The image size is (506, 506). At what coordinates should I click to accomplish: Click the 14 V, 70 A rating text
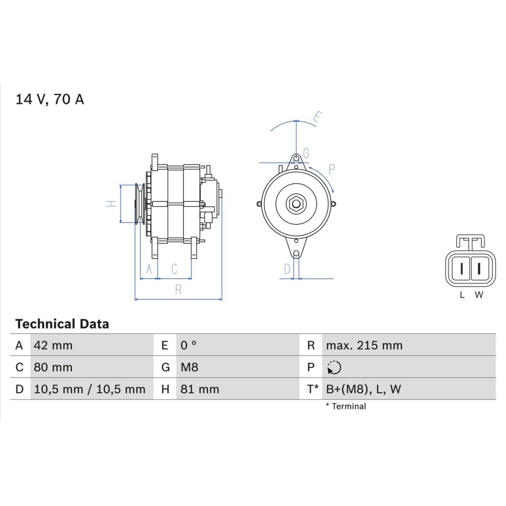[50, 99]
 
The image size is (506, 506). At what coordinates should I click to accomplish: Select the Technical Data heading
[62, 324]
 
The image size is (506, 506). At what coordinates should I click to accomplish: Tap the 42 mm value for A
[53, 346]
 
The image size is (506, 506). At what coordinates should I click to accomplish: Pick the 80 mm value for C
[53, 367]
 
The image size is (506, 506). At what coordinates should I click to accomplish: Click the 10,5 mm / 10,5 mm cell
[90, 389]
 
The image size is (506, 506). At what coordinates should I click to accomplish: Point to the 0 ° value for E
[189, 346]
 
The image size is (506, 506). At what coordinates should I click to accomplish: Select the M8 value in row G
[190, 367]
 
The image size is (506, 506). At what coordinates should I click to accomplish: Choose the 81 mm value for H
[200, 389]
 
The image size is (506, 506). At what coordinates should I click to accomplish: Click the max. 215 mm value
[364, 346]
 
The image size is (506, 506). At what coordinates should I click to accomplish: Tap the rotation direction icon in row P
[335, 368]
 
